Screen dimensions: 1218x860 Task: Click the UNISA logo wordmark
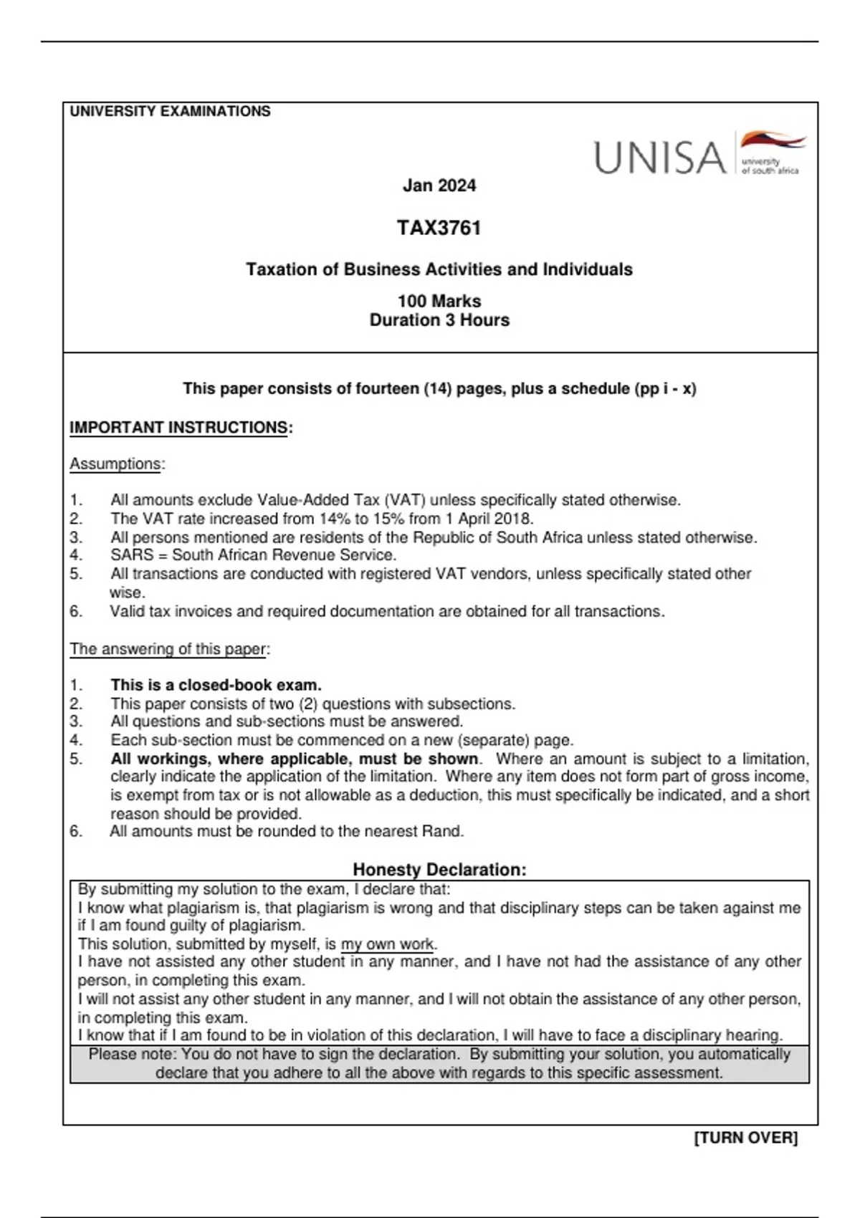click(x=659, y=158)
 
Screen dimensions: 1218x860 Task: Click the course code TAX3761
click(x=439, y=228)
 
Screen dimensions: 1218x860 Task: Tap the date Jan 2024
click(x=439, y=186)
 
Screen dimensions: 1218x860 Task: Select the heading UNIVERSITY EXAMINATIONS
click(x=170, y=111)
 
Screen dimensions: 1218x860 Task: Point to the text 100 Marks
click(x=439, y=301)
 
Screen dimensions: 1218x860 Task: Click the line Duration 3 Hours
click(x=439, y=320)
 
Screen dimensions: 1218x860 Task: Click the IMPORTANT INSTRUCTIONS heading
click(x=178, y=428)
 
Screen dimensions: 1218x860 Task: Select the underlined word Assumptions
click(x=115, y=464)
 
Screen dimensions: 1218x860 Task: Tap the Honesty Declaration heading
click(x=439, y=870)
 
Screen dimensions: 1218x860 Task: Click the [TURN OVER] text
click(x=745, y=1138)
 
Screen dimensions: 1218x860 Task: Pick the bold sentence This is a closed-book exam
click(x=216, y=685)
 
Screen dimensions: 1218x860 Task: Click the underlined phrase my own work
click(x=387, y=944)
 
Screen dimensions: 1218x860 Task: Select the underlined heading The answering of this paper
click(x=168, y=649)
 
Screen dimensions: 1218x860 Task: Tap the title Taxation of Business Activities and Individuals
click(x=439, y=269)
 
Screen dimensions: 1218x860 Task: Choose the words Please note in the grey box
click(x=131, y=1055)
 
